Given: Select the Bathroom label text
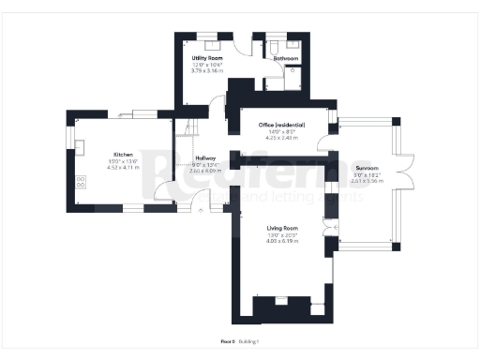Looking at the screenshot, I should tap(286, 58).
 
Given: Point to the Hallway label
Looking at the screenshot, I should tap(205, 158).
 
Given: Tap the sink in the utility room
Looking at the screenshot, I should tap(212, 42).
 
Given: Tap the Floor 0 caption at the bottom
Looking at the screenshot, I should tap(227, 341).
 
